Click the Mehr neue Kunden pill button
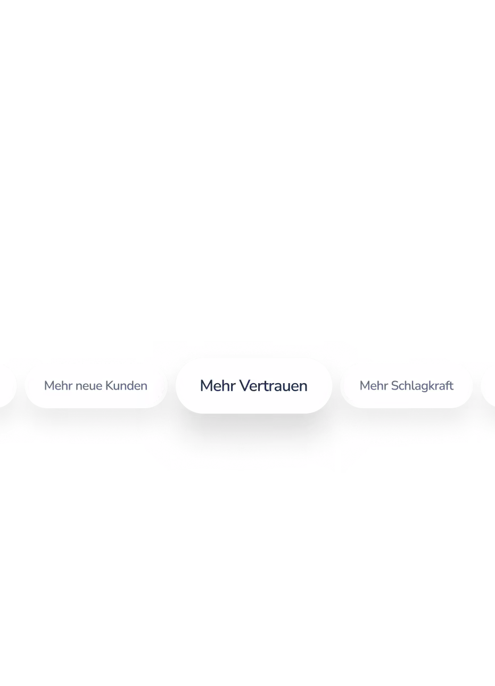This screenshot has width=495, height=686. [x=96, y=385]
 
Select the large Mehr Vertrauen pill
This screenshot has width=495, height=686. [x=254, y=385]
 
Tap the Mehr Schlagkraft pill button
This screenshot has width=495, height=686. [x=407, y=385]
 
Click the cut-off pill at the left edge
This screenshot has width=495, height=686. [x=7, y=385]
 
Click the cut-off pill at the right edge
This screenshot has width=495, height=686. [x=488, y=385]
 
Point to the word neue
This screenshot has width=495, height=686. [x=88, y=386]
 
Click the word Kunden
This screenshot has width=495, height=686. [x=126, y=385]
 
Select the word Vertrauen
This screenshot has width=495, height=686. [x=273, y=385]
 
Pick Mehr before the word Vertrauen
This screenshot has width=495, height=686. [x=218, y=385]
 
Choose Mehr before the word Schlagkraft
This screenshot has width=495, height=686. [x=374, y=385]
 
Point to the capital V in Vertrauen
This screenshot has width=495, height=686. [x=245, y=385]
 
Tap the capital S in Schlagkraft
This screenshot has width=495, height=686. [x=395, y=385]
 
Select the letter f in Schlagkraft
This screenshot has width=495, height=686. [x=448, y=385]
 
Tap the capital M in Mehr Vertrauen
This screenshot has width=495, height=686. [x=206, y=385]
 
